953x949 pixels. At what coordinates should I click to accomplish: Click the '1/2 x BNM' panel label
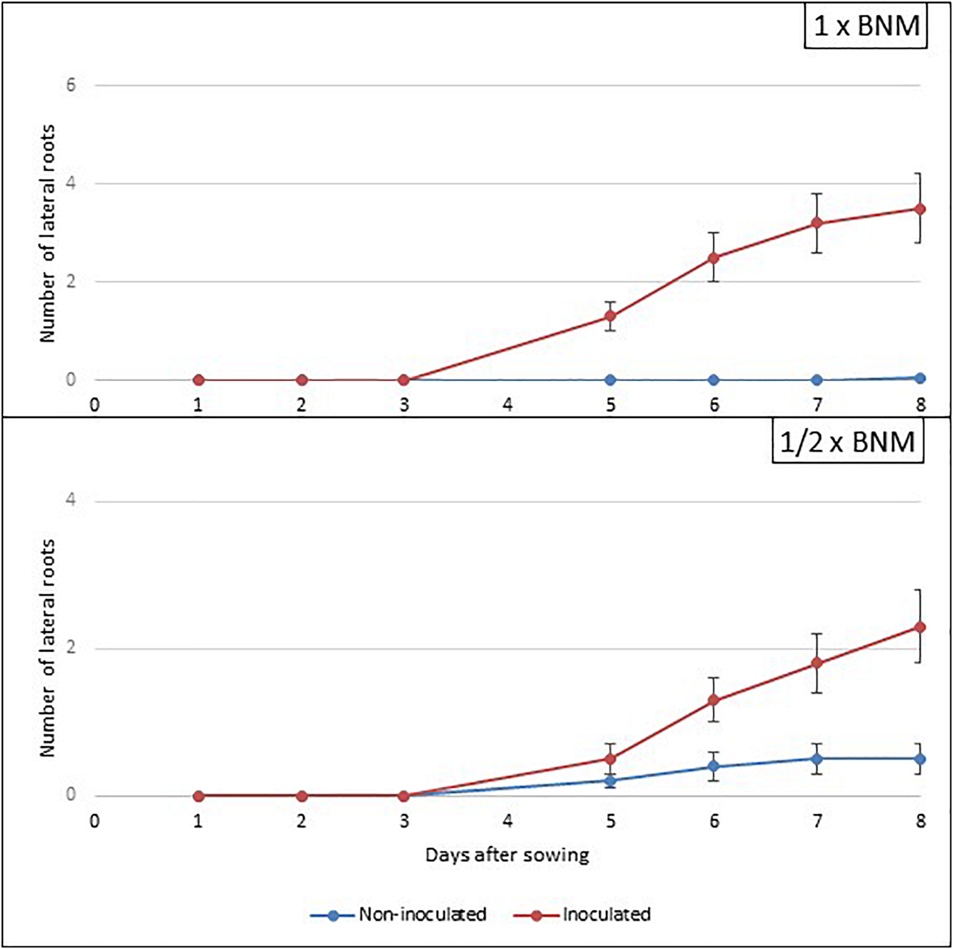click(x=847, y=442)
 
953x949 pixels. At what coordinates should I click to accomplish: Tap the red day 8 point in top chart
click(x=920, y=209)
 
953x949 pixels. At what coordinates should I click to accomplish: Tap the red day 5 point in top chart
click(x=611, y=316)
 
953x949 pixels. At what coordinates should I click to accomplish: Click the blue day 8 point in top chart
click(x=920, y=378)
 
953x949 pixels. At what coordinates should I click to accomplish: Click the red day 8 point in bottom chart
click(x=920, y=627)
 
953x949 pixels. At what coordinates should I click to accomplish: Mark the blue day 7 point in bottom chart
click(x=817, y=758)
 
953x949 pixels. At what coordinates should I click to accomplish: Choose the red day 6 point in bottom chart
click(x=714, y=700)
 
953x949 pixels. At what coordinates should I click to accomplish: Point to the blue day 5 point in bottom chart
click(x=611, y=780)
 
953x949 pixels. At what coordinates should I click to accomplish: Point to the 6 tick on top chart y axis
click(x=71, y=85)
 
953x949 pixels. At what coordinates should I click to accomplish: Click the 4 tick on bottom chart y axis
click(x=71, y=501)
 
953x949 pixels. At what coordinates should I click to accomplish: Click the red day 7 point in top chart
click(x=817, y=223)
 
